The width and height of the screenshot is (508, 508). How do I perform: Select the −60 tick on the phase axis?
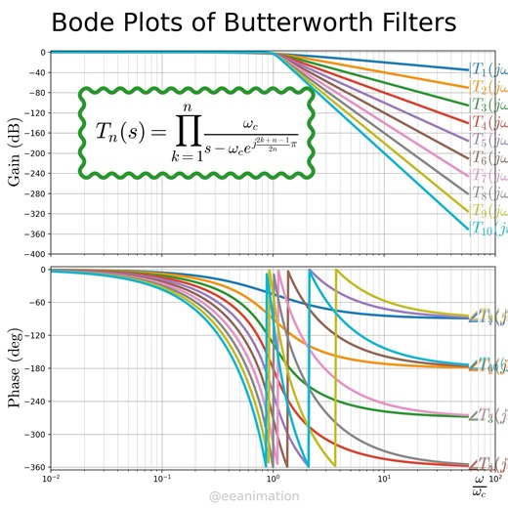click(x=34, y=302)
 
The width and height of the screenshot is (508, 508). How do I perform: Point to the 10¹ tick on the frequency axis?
click(x=384, y=479)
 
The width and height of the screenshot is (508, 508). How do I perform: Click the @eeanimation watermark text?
click(x=254, y=497)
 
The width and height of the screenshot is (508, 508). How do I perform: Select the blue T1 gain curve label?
click(x=487, y=69)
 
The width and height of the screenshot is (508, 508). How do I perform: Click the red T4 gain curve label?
click(x=487, y=123)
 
